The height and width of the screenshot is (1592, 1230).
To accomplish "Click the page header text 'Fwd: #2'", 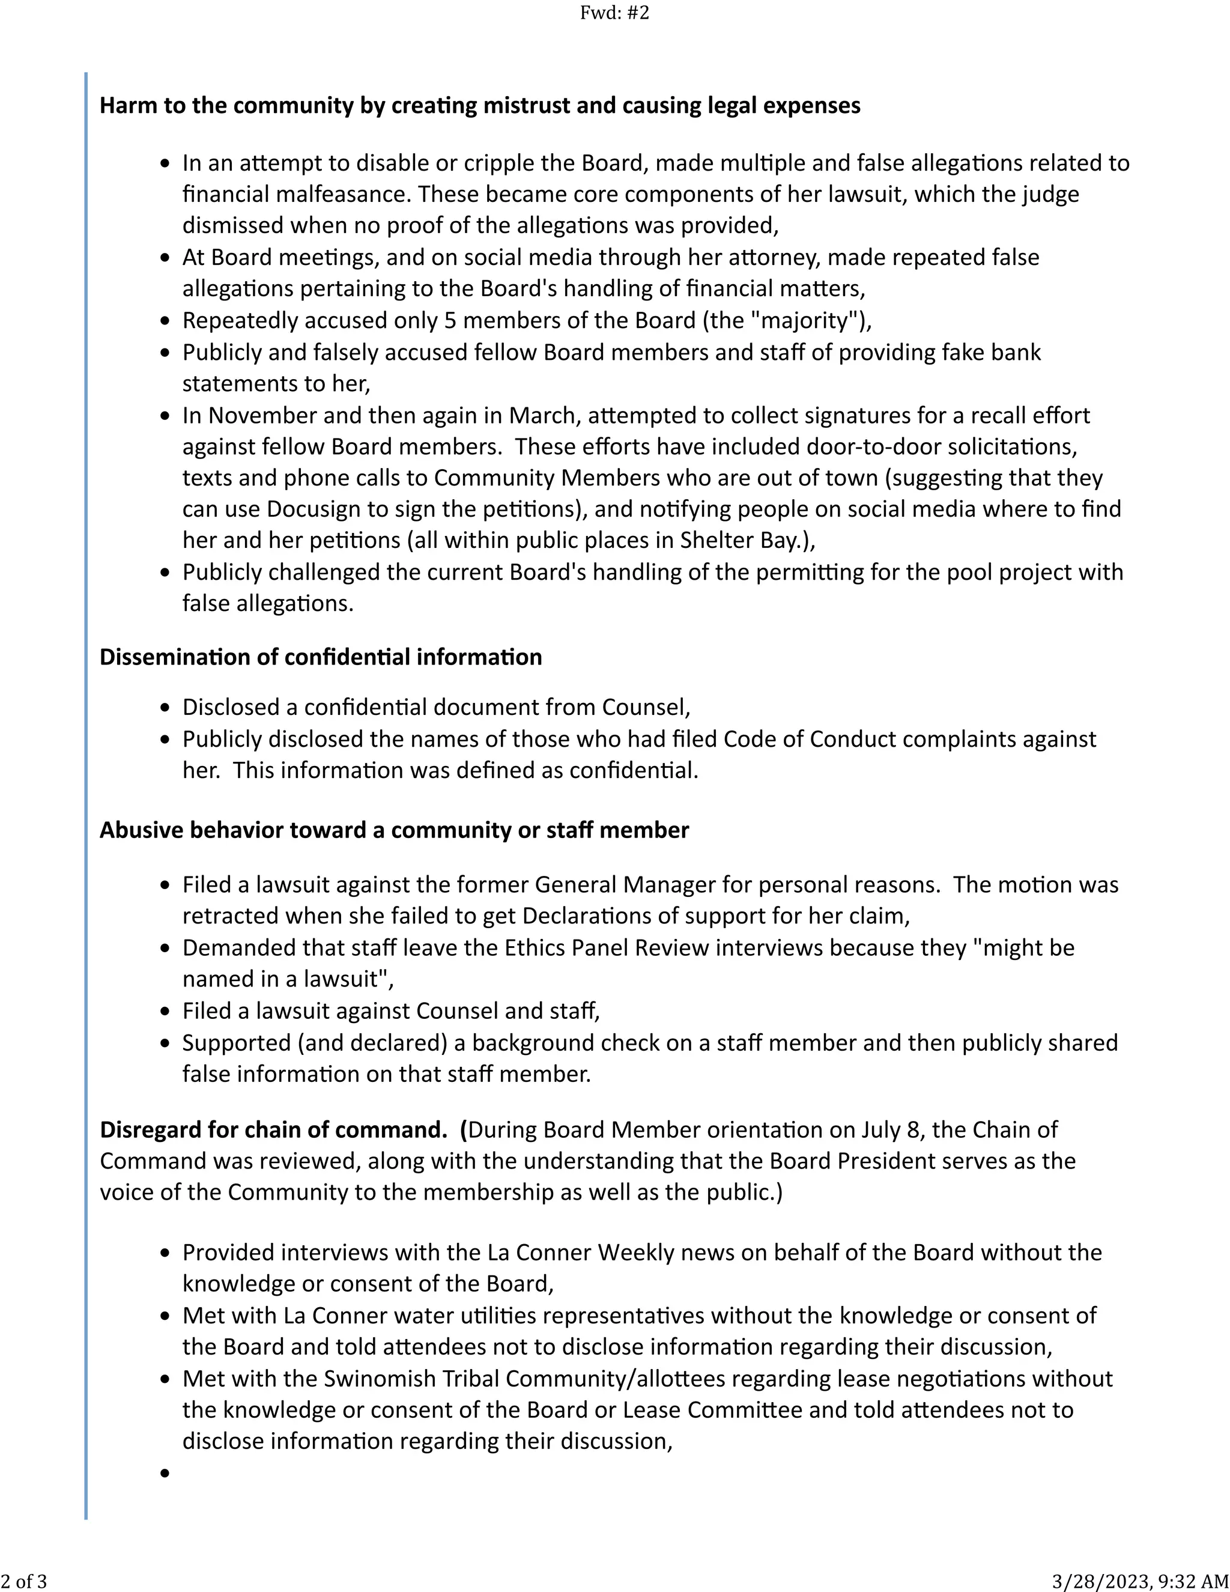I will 614,13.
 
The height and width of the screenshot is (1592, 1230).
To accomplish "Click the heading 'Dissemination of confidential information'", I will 321,657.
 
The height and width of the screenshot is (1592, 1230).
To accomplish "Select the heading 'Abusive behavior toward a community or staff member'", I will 394,830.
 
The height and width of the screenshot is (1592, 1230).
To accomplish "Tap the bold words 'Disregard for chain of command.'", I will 273,1130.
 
